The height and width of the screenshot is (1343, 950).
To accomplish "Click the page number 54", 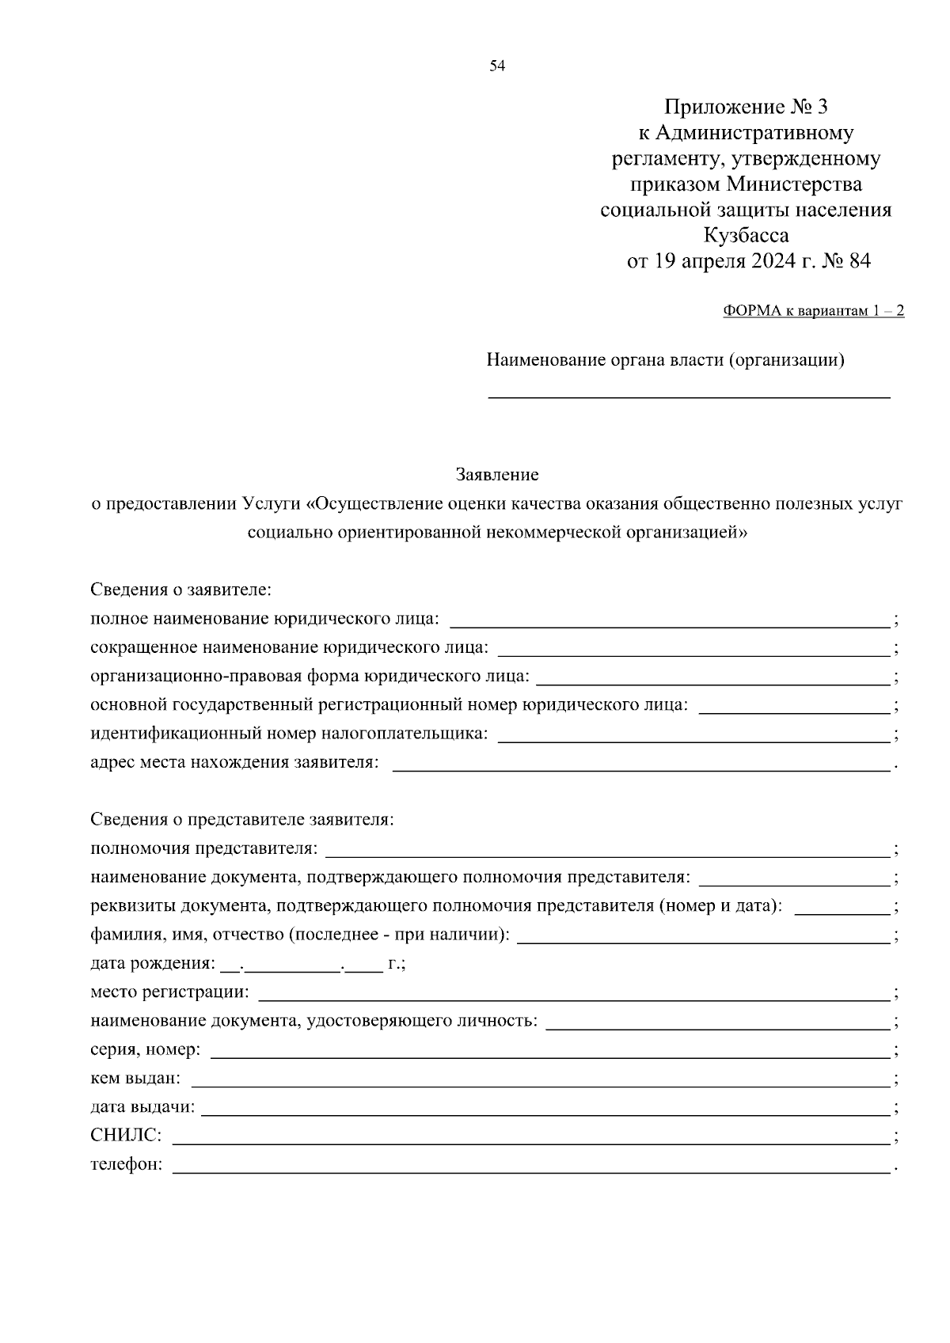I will coord(497,66).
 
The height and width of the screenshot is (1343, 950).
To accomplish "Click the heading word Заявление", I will coord(497,475).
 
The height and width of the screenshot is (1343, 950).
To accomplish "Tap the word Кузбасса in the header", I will coord(746,236).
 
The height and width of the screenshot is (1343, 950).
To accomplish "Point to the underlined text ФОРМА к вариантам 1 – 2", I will coord(813,311).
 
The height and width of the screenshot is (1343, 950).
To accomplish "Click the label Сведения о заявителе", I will coord(181,590).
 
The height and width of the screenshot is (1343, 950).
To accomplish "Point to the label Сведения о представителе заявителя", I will coord(242,820).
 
